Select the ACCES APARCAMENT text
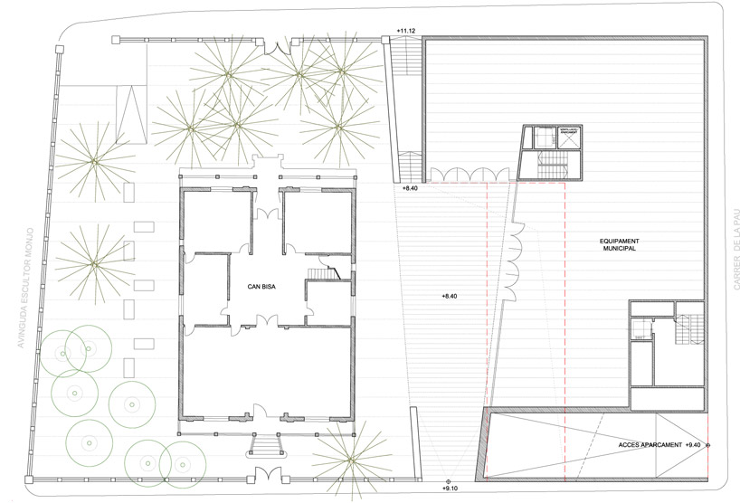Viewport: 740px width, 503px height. point(651,445)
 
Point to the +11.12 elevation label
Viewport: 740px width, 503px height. point(405,31)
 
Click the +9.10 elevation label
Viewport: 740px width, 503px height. point(451,489)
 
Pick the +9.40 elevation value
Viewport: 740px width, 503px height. point(694,445)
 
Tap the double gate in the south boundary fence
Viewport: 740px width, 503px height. point(265,474)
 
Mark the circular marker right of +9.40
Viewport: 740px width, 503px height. point(708,445)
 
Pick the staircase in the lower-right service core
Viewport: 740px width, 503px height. point(688,331)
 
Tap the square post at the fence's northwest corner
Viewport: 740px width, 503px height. point(116,39)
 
